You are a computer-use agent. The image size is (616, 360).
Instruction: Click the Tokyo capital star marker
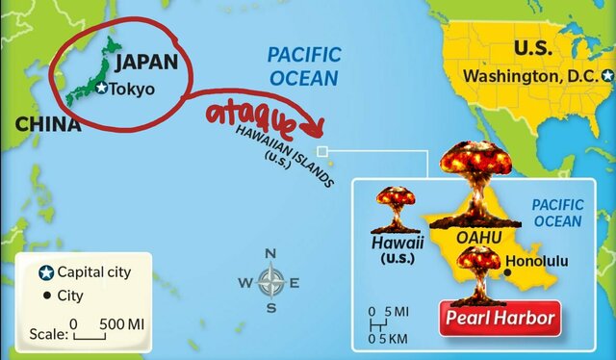pos(103,89)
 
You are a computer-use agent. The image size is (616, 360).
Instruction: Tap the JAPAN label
pos(146,64)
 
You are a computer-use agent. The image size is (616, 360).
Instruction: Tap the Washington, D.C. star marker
pos(607,75)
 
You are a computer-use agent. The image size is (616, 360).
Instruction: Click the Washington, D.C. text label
pos(531,75)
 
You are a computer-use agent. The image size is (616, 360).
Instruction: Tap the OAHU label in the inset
pos(479,236)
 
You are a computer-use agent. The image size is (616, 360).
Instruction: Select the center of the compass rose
pos(271,281)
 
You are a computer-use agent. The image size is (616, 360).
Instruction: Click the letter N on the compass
pos(271,254)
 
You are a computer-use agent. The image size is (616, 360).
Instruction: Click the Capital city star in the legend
pos(46,272)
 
